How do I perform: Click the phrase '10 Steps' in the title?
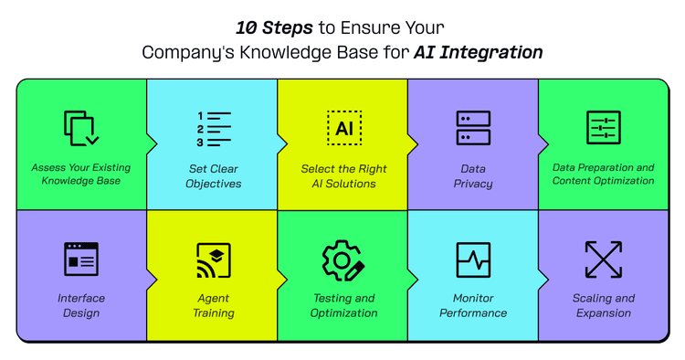pyautogui.click(x=272, y=27)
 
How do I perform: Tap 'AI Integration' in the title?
pyautogui.click(x=478, y=52)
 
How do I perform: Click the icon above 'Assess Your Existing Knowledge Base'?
pyautogui.click(x=81, y=128)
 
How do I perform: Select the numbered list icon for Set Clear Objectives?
pyautogui.click(x=213, y=129)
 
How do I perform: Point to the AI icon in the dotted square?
pyautogui.click(x=343, y=128)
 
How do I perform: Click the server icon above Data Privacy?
pyautogui.click(x=473, y=128)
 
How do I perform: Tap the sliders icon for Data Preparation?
pyautogui.click(x=604, y=128)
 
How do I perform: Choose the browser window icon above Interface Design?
pyautogui.click(x=81, y=259)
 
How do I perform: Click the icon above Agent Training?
pyautogui.click(x=213, y=260)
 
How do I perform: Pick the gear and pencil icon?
pyautogui.click(x=343, y=260)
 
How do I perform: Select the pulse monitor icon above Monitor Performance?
pyautogui.click(x=473, y=259)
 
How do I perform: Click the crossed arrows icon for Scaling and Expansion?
pyautogui.click(x=604, y=259)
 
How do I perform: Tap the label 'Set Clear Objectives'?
pyautogui.click(x=213, y=175)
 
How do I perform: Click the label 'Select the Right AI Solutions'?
pyautogui.click(x=343, y=175)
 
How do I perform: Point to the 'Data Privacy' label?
pyautogui.click(x=473, y=175)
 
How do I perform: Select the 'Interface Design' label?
pyautogui.click(x=81, y=305)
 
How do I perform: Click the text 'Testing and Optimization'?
pyautogui.click(x=343, y=305)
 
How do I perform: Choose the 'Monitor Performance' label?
pyautogui.click(x=473, y=305)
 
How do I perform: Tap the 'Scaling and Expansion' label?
pyautogui.click(x=604, y=305)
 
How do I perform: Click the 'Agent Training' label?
pyautogui.click(x=213, y=305)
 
